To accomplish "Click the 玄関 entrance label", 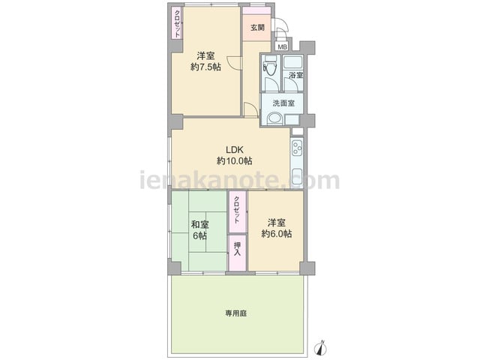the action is [257, 28].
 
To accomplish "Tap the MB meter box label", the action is [283, 47].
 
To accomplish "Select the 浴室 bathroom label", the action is [296, 75].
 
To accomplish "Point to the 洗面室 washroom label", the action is [283, 103].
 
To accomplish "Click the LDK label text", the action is [235, 150].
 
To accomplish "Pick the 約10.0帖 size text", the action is [235, 160].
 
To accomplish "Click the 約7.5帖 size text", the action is [205, 67].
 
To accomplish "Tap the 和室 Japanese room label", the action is [200, 225].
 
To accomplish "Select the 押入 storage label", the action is [237, 249].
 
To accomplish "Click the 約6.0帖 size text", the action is [277, 234].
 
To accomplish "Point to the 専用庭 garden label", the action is [236, 313].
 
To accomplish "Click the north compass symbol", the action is [321, 347].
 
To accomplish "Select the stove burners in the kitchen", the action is [297, 147].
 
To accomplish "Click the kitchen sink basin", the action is [297, 178].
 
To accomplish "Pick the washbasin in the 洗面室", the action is [274, 118].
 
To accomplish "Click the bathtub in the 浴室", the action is [292, 62].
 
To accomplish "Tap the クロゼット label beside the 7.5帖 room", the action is [177, 23].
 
